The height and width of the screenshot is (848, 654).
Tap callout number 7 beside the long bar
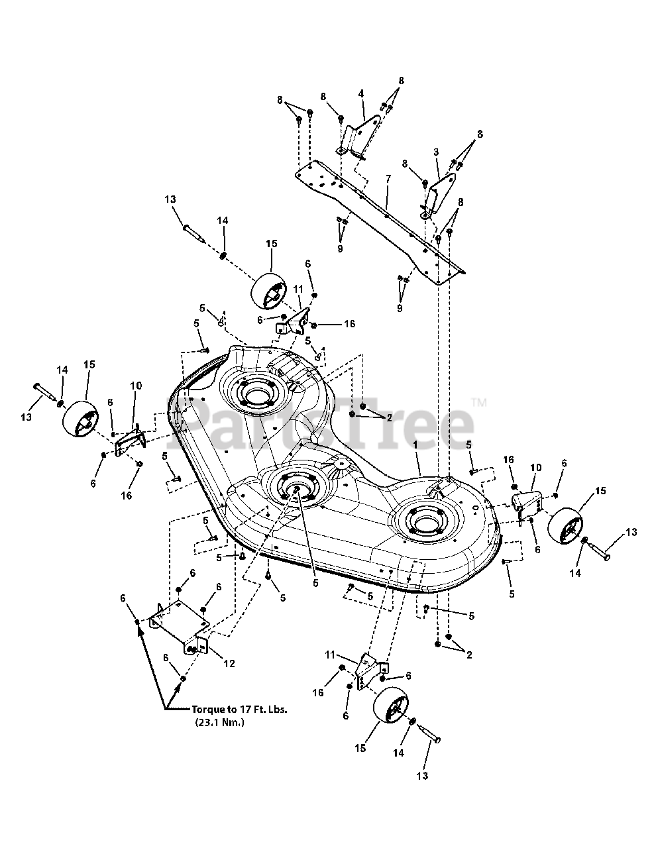click(388, 179)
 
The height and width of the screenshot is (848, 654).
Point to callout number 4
click(361, 94)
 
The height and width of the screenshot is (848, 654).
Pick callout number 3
click(436, 152)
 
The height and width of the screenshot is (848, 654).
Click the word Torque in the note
click(208, 708)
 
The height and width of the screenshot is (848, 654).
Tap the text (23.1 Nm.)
click(219, 722)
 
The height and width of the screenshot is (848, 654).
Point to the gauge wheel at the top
click(270, 290)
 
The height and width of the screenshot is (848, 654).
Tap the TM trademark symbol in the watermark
click(478, 402)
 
